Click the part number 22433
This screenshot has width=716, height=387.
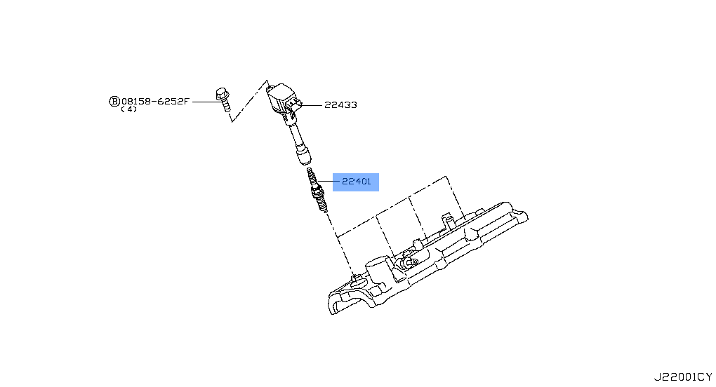(340, 105)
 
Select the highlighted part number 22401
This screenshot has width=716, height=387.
(356, 182)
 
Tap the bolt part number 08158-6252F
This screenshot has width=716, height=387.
(155, 101)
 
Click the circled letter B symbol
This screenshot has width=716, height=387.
(114, 101)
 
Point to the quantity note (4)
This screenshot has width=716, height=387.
(128, 109)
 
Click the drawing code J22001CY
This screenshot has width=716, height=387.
(682, 376)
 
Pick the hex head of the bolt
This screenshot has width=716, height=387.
(220, 93)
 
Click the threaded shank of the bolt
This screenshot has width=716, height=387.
(225, 107)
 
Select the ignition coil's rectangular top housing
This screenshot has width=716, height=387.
(283, 95)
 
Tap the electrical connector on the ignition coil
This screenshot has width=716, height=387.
(294, 106)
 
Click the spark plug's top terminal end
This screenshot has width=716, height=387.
(311, 172)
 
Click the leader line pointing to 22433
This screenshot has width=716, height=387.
(312, 105)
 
